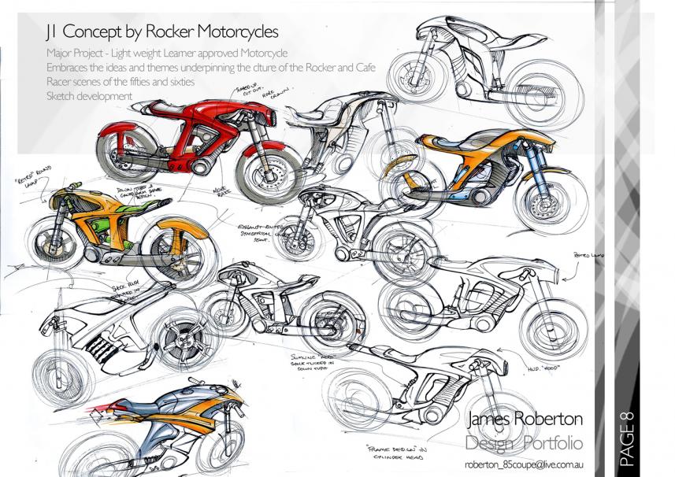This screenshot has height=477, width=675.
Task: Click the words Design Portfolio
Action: [x=523, y=440]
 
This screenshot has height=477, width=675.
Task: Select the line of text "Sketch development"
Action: [x=88, y=96]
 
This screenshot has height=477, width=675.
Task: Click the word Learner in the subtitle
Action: [x=213, y=54]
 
